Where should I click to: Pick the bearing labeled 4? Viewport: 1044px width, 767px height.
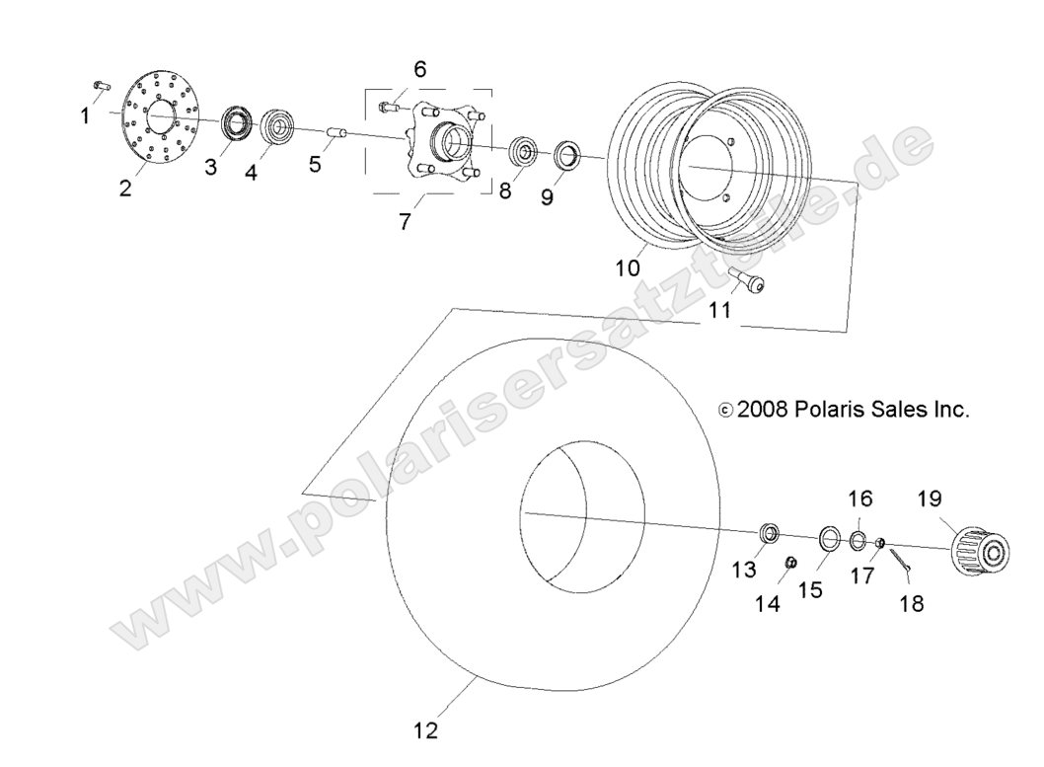click(x=279, y=126)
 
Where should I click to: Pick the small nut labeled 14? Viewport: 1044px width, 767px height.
click(x=790, y=563)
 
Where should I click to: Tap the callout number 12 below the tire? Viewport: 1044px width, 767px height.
click(x=426, y=731)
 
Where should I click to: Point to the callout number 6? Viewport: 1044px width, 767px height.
click(x=420, y=69)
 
